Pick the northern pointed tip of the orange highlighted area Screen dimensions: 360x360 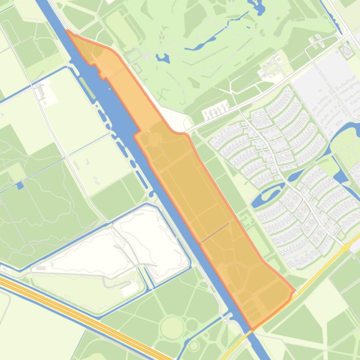coord(68,31)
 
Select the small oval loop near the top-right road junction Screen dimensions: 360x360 coord(346,50)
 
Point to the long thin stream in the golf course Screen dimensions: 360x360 coord(220,32)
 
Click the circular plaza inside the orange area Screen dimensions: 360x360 coord(154,139)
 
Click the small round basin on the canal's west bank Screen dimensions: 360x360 coord(151,193)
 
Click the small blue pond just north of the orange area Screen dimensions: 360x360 coord(162,58)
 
